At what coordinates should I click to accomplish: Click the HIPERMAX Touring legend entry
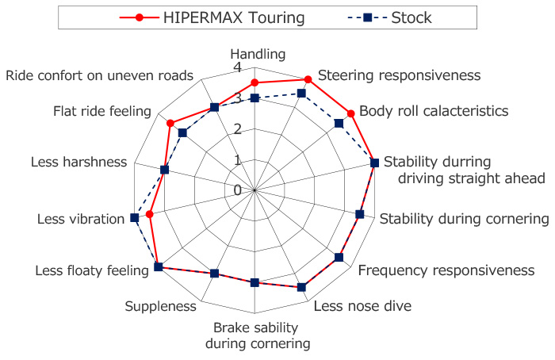pos(212,17)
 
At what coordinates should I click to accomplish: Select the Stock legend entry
pos(389,17)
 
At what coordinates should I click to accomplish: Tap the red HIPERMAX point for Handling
pos(255,82)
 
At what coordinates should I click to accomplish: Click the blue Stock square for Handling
pos(255,98)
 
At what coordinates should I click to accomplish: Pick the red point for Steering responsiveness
pos(308,79)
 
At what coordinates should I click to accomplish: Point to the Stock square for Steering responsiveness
pos(301,94)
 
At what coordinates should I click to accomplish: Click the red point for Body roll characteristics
pos(350,113)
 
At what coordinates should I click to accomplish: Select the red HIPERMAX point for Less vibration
pos(150,214)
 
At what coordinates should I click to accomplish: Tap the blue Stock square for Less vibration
pos(135,218)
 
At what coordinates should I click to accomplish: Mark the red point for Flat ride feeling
pos(170,123)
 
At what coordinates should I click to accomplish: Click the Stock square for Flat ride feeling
pos(182,133)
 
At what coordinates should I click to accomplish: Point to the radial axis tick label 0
pos(238,190)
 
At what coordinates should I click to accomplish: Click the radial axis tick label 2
pos(238,128)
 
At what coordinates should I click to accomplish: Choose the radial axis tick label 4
pos(238,67)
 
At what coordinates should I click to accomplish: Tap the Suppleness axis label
pos(160,307)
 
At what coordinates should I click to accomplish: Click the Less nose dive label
pos(362,306)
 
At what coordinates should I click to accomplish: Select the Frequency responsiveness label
pos(446,270)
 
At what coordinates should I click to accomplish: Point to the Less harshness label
pos(78,162)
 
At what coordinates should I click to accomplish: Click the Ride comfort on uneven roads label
pos(99,75)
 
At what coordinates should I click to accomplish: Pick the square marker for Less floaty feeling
pos(159,267)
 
